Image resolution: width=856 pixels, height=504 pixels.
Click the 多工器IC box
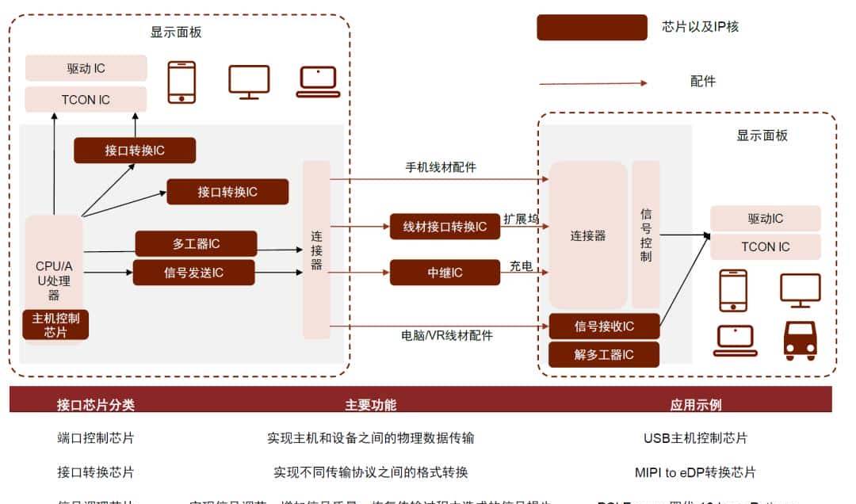(196, 243)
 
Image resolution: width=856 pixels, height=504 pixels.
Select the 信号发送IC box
(193, 273)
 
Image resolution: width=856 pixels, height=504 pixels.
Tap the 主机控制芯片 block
(55, 325)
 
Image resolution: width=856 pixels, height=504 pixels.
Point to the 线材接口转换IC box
(445, 227)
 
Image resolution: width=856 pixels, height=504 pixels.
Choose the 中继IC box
(445, 273)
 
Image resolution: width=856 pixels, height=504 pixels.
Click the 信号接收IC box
(604, 326)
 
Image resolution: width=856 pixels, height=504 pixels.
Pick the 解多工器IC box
(604, 354)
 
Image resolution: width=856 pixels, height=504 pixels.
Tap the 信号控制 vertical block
(646, 235)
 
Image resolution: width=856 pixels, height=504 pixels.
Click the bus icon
(800, 341)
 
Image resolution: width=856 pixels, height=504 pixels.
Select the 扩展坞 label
(521, 219)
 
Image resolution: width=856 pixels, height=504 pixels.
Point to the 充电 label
(521, 266)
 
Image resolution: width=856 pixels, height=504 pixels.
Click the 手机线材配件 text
(441, 167)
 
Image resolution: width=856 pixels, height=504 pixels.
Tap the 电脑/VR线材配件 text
(447, 335)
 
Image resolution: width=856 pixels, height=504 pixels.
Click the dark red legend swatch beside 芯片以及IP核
(591, 27)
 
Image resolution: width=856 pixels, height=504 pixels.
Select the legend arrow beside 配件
(593, 82)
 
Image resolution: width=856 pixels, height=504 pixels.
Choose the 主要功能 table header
(370, 405)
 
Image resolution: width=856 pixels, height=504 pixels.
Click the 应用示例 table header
(695, 405)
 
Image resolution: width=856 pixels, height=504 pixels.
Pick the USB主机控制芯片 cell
(695, 438)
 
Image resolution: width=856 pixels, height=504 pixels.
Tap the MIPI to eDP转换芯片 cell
(695, 472)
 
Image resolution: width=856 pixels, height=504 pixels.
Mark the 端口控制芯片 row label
(96, 438)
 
